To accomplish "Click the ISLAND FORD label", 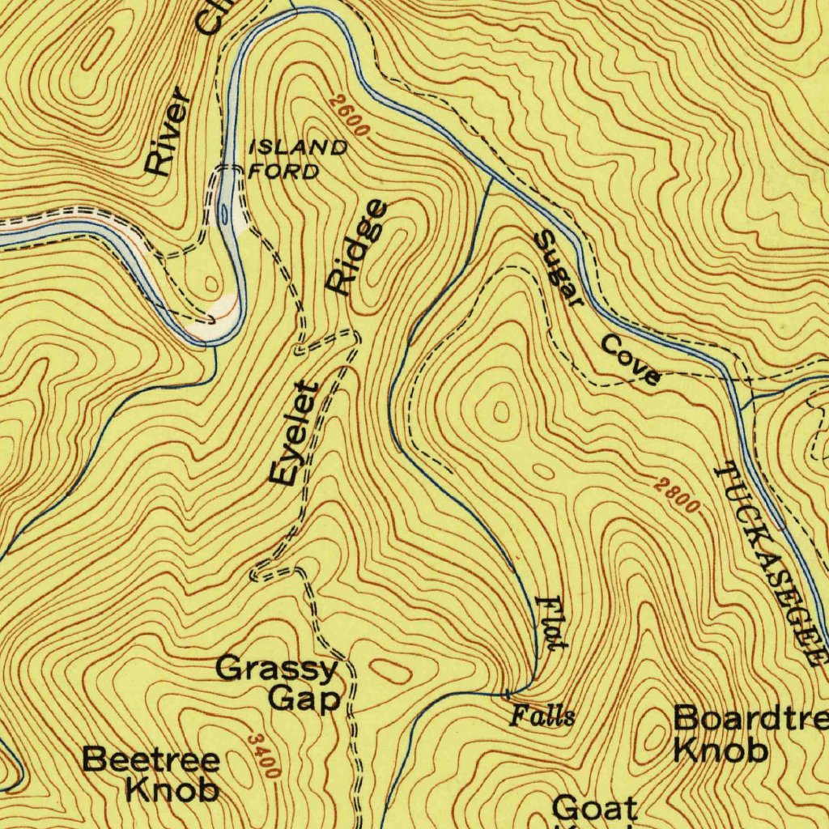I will coord(297,159).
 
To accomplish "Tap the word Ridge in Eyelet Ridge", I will coord(356,248).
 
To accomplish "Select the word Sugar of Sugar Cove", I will coord(559,268).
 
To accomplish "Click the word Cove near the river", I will coord(630,360).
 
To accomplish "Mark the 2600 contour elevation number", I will coord(350,116).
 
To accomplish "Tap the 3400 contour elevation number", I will coord(264,755).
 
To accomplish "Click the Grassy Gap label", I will coord(278,683).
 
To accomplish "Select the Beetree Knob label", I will coord(151,774).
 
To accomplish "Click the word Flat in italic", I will coord(551,622).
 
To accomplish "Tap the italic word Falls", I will coord(543,716).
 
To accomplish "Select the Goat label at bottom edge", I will coord(594,808).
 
